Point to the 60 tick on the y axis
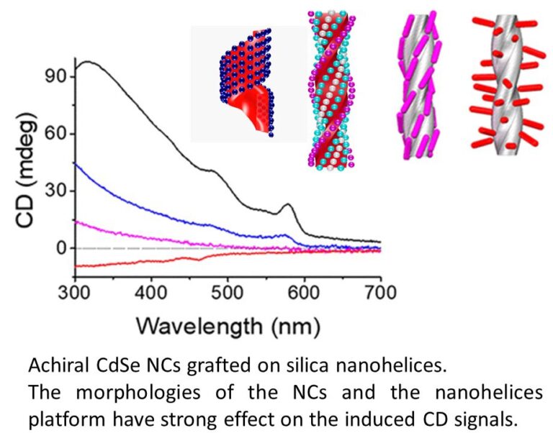56,134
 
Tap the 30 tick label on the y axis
56,191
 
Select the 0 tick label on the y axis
62,249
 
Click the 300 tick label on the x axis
75,291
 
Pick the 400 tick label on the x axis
151,291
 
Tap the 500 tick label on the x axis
228,291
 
